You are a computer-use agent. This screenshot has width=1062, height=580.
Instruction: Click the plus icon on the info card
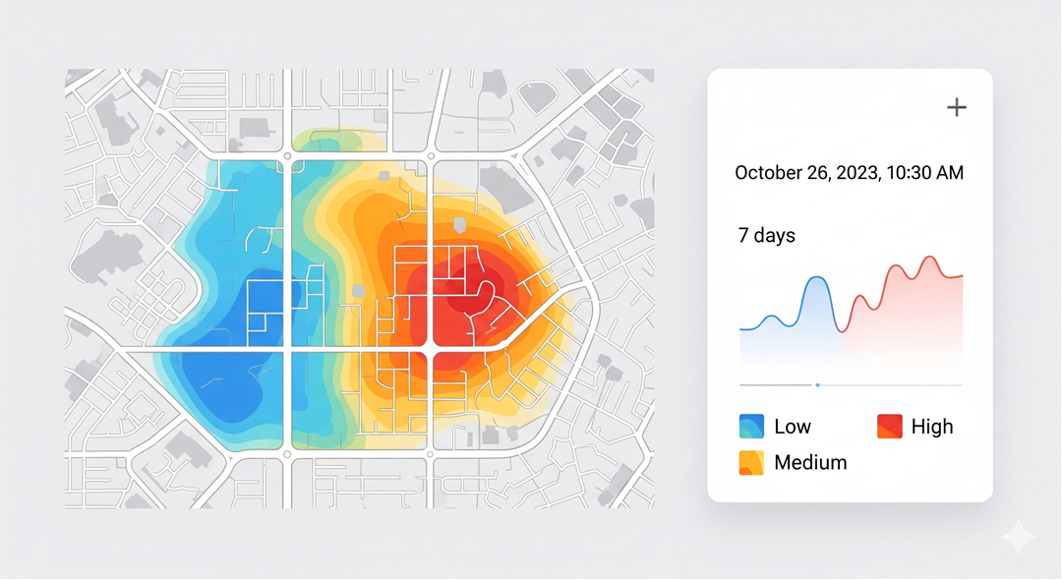pyautogui.click(x=957, y=107)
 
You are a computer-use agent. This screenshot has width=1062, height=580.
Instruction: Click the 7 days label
pyautogui.click(x=766, y=236)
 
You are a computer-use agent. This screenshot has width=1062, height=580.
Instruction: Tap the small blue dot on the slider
pyautogui.click(x=817, y=385)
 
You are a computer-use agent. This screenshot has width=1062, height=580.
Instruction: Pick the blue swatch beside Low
pyautogui.click(x=751, y=427)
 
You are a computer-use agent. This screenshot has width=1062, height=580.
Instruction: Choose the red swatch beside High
pyautogui.click(x=889, y=427)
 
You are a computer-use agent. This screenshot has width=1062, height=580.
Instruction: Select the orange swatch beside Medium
pyautogui.click(x=751, y=462)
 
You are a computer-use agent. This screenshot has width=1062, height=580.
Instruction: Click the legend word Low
pyautogui.click(x=793, y=427)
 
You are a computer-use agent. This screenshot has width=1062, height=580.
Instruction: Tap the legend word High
pyautogui.click(x=932, y=427)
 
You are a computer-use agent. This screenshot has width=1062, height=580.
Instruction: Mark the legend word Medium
pyautogui.click(x=810, y=462)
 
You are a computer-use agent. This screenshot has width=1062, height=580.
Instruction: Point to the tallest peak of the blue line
pyautogui.click(x=816, y=279)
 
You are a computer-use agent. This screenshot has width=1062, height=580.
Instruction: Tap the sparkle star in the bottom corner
pyautogui.click(x=1019, y=538)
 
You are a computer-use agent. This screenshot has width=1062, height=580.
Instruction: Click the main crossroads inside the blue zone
pyautogui.click(x=287, y=350)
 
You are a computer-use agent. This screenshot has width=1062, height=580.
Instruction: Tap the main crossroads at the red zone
pyautogui.click(x=430, y=350)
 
